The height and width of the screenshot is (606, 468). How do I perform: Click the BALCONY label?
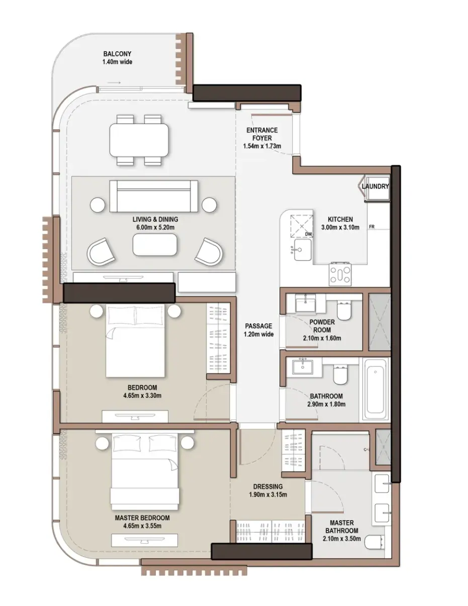[117, 54]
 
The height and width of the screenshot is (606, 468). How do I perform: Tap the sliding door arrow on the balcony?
[114, 83]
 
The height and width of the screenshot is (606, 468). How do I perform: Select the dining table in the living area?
[139, 140]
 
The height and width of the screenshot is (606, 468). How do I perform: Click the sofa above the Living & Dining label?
[154, 196]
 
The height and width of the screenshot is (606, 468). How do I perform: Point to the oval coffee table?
[155, 245]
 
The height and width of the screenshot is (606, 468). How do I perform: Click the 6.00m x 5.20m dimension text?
[155, 227]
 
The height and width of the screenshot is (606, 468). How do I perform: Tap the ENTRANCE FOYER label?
[262, 134]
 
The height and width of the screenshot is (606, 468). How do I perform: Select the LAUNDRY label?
[375, 186]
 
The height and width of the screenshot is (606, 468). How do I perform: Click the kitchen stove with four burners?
[340, 275]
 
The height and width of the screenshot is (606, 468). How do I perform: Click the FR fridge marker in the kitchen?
[371, 227]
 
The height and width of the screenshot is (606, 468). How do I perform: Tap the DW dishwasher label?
[308, 234]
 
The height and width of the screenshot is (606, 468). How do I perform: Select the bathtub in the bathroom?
[376, 389]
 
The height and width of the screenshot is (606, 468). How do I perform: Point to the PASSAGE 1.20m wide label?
[258, 330]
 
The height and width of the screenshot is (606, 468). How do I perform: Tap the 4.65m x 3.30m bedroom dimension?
[142, 395]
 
